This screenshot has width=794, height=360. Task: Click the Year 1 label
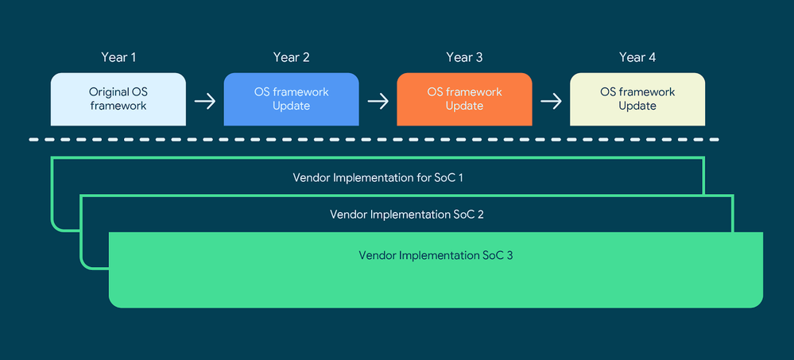[118, 57]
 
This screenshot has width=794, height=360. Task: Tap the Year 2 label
[291, 57]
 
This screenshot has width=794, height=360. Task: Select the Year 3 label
[464, 57]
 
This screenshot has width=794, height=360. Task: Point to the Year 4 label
[637, 57]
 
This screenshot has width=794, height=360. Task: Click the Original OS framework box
[118, 99]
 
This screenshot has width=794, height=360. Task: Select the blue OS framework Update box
[291, 99]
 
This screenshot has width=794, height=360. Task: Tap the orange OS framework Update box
[464, 99]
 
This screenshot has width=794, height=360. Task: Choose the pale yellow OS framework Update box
[637, 99]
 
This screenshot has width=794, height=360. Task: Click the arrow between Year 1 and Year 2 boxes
[205, 101]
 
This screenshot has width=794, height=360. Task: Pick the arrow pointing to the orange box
[378, 101]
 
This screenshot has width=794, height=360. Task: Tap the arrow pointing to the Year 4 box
[551, 101]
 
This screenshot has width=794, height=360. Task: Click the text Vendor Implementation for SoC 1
[378, 176]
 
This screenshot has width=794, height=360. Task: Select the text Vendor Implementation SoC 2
[406, 215]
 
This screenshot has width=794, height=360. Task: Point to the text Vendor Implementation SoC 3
[436, 255]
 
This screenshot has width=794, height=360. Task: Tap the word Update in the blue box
[291, 106]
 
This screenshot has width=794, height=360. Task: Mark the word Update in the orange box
[464, 106]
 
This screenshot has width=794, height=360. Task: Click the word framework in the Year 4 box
[637, 92]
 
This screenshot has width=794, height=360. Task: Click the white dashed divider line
[374, 140]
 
